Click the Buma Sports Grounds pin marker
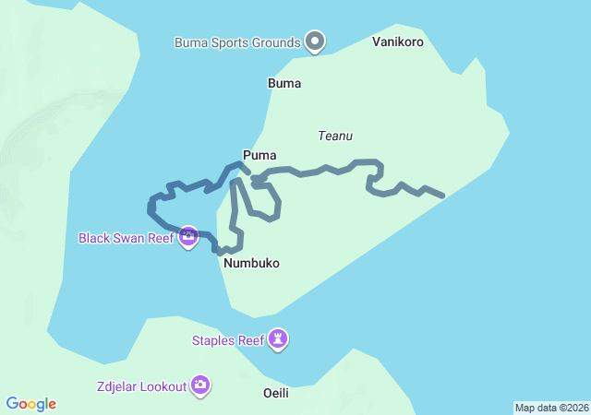[x=316, y=41]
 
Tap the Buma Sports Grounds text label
[x=237, y=42]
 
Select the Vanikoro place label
[x=397, y=41]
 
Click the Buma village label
[x=284, y=83]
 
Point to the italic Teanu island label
[x=335, y=136]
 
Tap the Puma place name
[x=259, y=155]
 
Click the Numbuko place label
[x=251, y=264]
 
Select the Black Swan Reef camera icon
[x=188, y=237]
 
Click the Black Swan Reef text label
[x=126, y=238]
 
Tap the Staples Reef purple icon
[x=279, y=340]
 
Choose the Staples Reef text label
[x=228, y=340]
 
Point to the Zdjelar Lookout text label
[x=140, y=386]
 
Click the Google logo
[x=31, y=404]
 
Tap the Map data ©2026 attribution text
[x=550, y=408]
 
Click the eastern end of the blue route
[x=443, y=196]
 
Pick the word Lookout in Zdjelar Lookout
[x=163, y=386]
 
